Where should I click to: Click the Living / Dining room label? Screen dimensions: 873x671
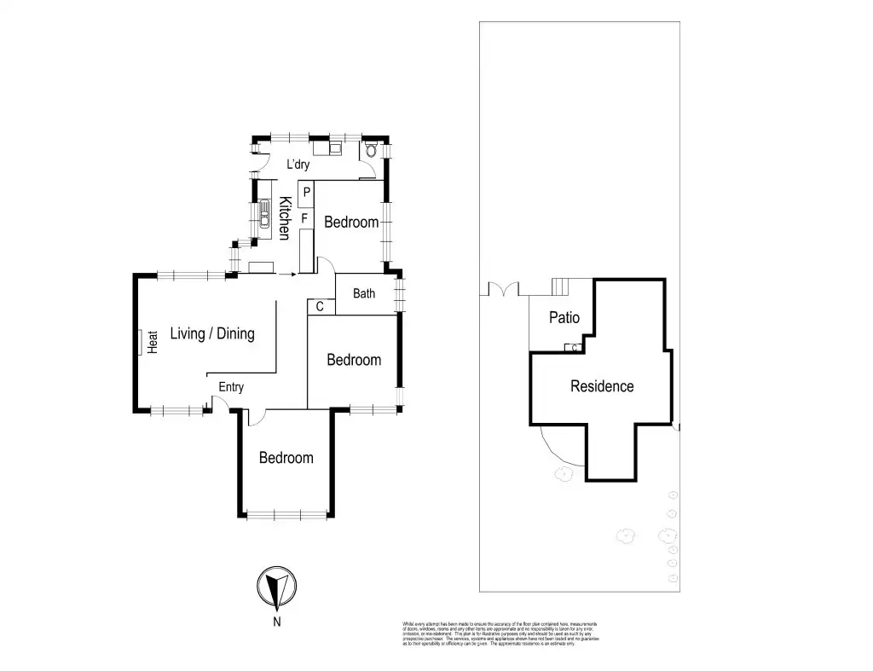click(x=212, y=333)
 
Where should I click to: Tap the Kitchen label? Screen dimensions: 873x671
click(x=286, y=218)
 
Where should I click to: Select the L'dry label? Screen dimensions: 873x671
click(x=298, y=165)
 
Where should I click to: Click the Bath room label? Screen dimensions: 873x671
click(x=364, y=294)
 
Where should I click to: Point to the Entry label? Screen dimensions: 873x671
click(x=231, y=387)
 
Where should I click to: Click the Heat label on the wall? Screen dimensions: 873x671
click(x=153, y=342)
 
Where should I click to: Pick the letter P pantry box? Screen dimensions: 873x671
click(x=306, y=193)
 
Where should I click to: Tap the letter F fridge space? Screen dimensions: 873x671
click(x=304, y=219)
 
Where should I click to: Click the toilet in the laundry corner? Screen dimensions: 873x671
click(x=370, y=152)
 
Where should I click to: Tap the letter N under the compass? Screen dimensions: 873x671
click(x=276, y=622)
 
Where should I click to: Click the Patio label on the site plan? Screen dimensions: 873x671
click(x=564, y=318)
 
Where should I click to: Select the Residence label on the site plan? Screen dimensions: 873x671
click(x=602, y=386)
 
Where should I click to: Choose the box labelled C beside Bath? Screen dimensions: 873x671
click(x=320, y=306)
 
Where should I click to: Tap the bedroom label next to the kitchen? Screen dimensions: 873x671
click(x=351, y=223)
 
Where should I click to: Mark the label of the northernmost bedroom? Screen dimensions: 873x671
click(x=286, y=458)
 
